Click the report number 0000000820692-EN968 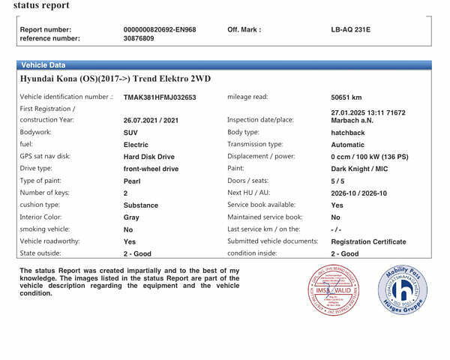(159, 30)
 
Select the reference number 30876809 (139, 38)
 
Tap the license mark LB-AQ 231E (350, 30)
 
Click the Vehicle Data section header (43, 65)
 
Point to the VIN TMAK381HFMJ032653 (159, 97)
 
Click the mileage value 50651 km (346, 97)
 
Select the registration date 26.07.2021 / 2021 (151, 120)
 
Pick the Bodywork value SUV (130, 132)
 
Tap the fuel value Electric (136, 145)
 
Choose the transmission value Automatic (348, 145)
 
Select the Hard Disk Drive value (148, 157)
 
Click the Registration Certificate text (368, 241)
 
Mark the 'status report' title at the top (41, 6)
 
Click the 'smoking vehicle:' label (44, 229)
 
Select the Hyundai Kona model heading (117, 78)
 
